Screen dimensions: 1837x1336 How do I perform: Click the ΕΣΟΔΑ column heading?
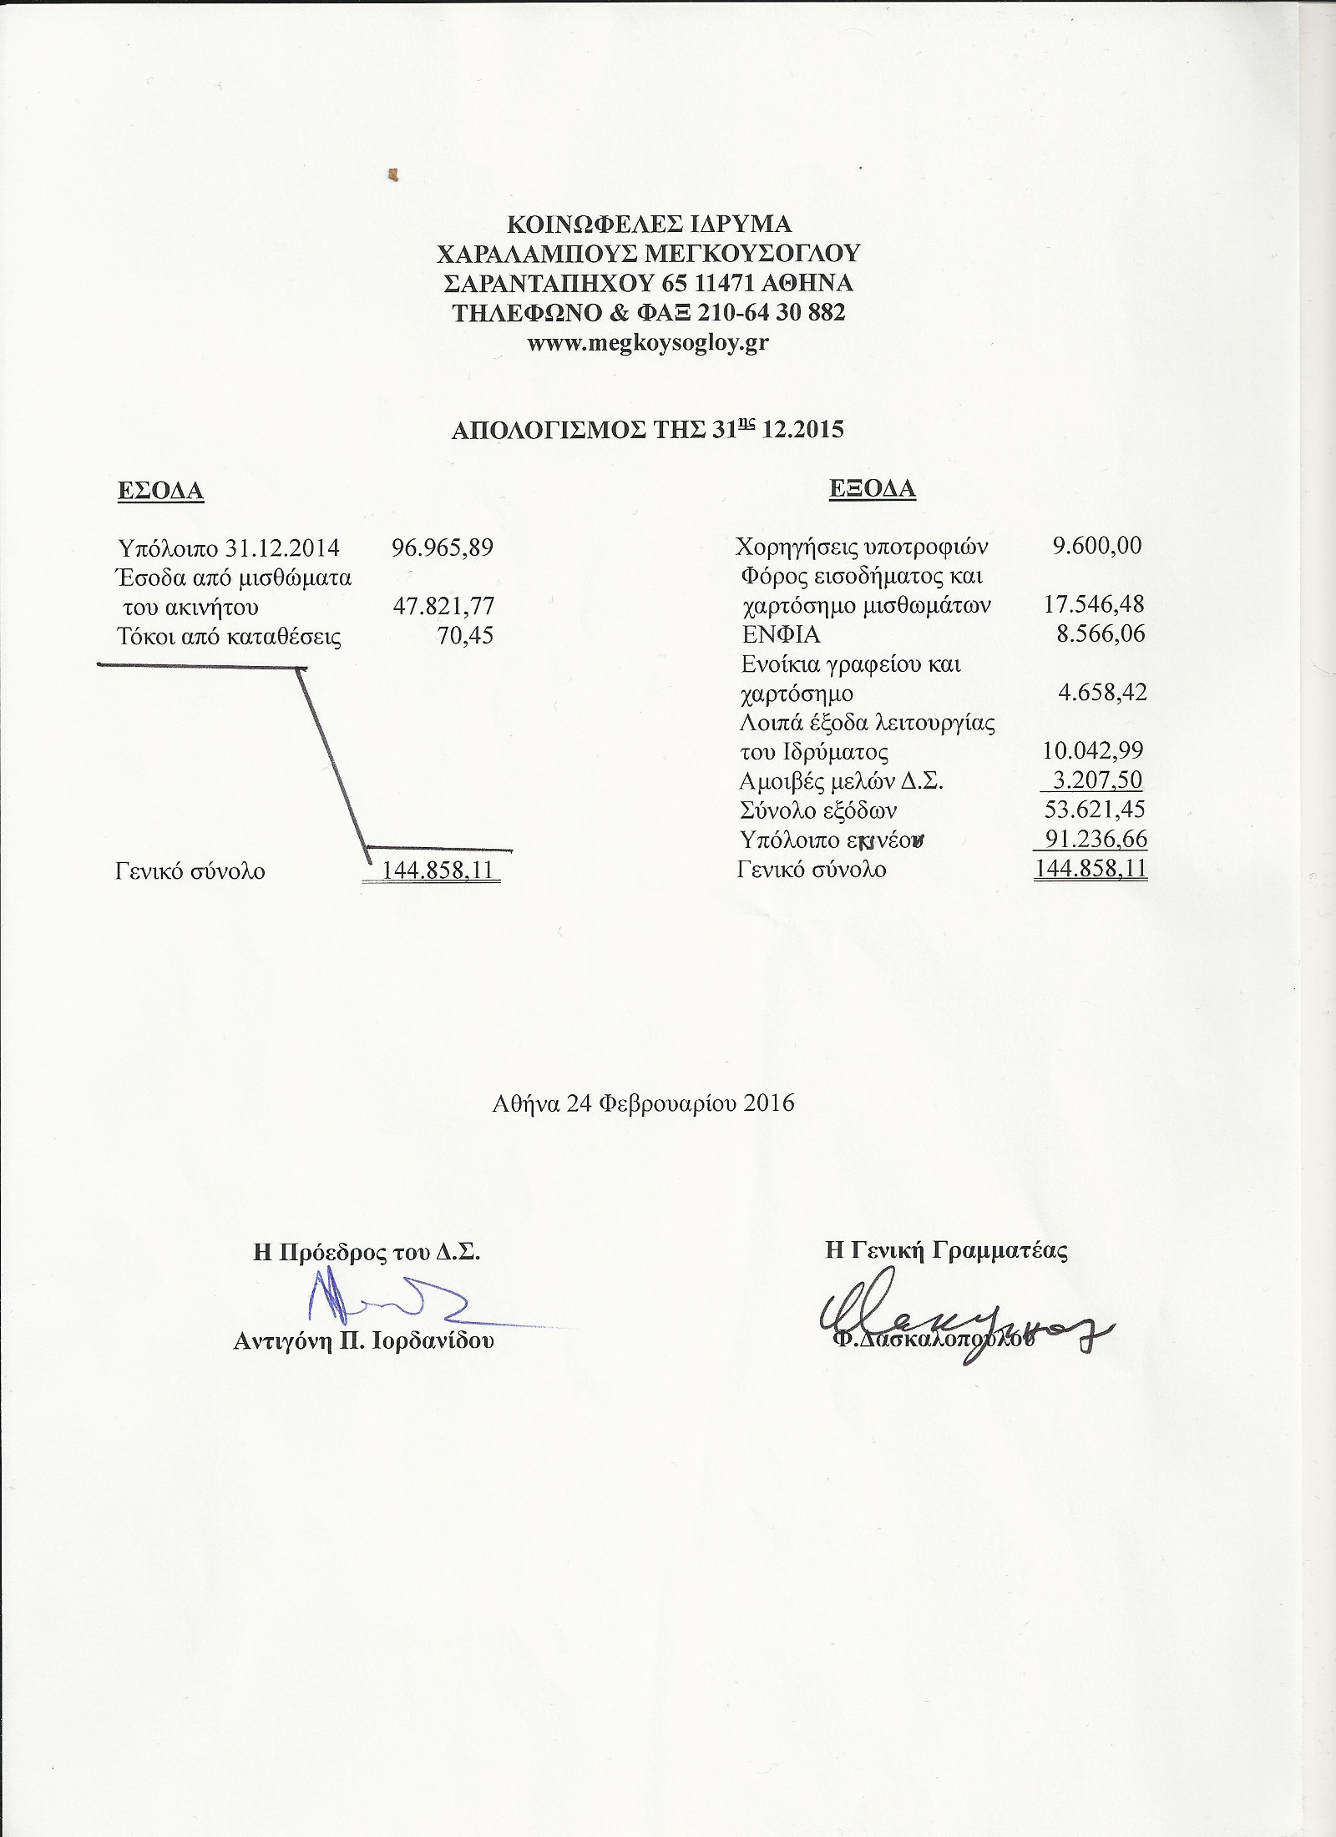pyautogui.click(x=160, y=491)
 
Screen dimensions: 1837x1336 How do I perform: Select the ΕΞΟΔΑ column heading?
pyautogui.click(x=873, y=489)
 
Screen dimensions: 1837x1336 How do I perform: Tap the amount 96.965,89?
pyautogui.click(x=443, y=548)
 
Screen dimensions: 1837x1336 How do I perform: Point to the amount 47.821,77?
pyautogui.click(x=444, y=606)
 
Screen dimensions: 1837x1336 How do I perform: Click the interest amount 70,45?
pyautogui.click(x=465, y=636)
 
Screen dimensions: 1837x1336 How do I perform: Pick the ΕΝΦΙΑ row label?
pyautogui.click(x=781, y=634)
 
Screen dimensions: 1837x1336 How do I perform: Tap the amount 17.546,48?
pyautogui.click(x=1094, y=604)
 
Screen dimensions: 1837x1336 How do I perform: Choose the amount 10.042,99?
pyautogui.click(x=1093, y=750)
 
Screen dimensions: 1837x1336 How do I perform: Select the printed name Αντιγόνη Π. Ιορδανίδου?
pyautogui.click(x=363, y=1342)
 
